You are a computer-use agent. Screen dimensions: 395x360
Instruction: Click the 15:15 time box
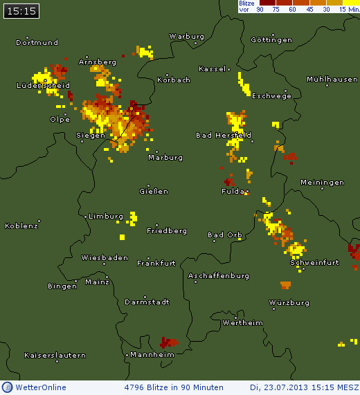[20, 11]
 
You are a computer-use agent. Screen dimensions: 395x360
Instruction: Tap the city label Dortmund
[37, 43]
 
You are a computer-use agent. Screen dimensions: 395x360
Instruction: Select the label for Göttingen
[271, 40]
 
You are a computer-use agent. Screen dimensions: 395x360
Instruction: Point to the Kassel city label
[212, 69]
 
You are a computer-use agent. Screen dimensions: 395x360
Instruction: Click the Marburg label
[165, 158]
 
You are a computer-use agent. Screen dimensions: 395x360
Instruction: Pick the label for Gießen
[154, 192]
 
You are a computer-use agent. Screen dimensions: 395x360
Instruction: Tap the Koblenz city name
[21, 226]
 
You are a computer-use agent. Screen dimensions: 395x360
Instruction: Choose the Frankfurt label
[156, 264]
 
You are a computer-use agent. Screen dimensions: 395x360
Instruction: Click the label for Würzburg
[289, 303]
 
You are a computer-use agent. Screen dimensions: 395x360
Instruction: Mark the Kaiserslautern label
[55, 356]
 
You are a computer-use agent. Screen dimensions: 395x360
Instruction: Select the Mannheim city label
[152, 355]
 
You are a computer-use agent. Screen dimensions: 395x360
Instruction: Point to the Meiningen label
[322, 183]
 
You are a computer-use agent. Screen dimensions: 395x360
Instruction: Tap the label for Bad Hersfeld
[223, 136]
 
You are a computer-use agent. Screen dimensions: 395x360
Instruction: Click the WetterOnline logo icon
[8, 387]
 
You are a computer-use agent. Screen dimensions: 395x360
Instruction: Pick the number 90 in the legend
[260, 9]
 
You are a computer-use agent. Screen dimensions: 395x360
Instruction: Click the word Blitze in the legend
[246, 3]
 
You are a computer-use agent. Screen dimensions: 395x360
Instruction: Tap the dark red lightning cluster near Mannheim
[168, 342]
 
